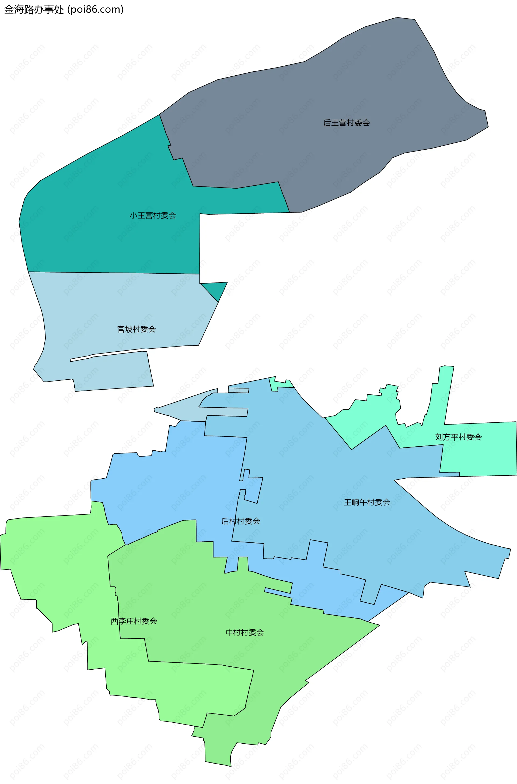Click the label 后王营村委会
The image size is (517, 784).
click(x=346, y=123)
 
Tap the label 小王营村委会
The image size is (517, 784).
click(x=153, y=216)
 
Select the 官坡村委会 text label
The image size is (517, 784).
click(x=137, y=329)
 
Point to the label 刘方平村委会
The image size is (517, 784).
click(x=458, y=437)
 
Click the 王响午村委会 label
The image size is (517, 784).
click(x=367, y=502)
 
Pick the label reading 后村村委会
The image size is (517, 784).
click(x=241, y=521)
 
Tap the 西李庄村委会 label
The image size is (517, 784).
click(x=134, y=621)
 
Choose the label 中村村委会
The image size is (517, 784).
click(x=245, y=633)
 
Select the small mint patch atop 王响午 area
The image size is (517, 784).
click(x=280, y=383)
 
